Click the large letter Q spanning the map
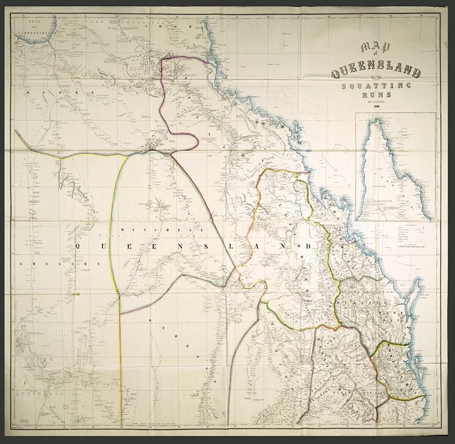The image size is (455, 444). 81,246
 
